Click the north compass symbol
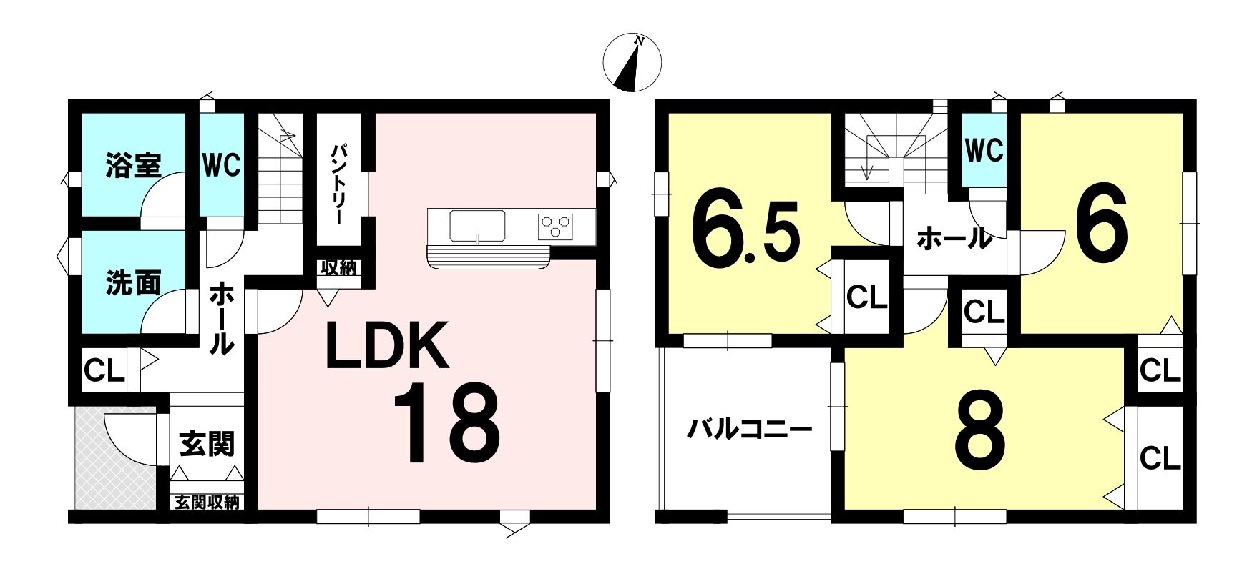click(632, 63)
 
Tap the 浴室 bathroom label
click(133, 164)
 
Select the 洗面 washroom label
click(133, 283)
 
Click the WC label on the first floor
click(221, 166)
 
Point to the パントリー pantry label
click(339, 186)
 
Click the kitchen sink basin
click(477, 227)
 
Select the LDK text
click(387, 346)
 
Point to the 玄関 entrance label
click(207, 445)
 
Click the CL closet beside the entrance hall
click(104, 370)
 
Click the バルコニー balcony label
click(750, 430)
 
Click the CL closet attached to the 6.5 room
click(867, 297)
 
